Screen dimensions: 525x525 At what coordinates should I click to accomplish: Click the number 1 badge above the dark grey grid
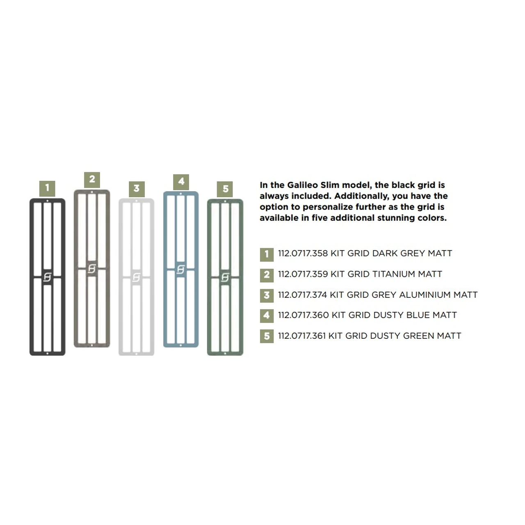(47, 189)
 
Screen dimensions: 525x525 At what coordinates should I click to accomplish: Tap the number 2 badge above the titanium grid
(92, 180)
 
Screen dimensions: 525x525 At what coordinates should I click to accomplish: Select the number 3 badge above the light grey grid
(137, 189)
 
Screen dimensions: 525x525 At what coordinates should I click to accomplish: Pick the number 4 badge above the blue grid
(181, 182)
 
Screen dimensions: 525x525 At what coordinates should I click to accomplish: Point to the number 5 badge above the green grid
(225, 189)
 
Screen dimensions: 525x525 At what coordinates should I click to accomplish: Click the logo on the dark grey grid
(48, 277)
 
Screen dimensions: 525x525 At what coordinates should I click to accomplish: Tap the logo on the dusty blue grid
(180, 269)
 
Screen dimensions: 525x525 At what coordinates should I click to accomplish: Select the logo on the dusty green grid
(225, 277)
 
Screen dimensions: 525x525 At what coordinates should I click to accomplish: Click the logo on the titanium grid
(92, 269)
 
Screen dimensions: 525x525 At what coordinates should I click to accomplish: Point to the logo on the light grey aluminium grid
(136, 278)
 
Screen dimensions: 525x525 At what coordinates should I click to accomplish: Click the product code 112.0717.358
(303, 253)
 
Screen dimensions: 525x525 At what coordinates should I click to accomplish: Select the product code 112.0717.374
(302, 294)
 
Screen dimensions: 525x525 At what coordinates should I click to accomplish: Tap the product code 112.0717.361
(302, 336)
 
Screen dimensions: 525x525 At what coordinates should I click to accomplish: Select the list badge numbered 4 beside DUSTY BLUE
(267, 316)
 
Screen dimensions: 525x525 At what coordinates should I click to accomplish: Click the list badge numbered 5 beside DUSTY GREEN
(267, 336)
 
